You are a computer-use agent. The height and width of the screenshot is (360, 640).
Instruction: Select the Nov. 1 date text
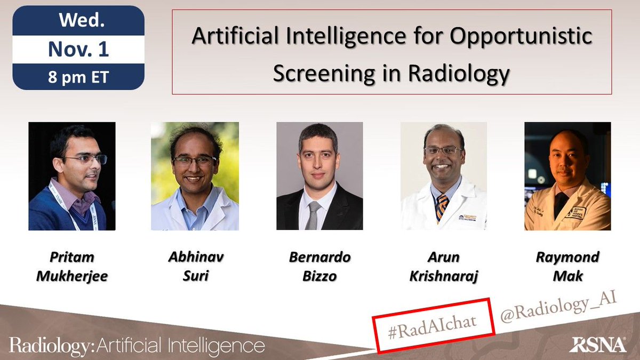pyautogui.click(x=78, y=50)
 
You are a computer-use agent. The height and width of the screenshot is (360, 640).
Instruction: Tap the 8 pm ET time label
pyautogui.click(x=78, y=76)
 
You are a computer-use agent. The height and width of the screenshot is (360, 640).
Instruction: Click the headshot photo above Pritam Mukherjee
pyautogui.click(x=72, y=176)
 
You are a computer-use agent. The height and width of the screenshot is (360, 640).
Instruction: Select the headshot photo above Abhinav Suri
pyautogui.click(x=195, y=176)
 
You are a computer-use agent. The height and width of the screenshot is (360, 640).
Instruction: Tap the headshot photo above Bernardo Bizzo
pyautogui.click(x=319, y=176)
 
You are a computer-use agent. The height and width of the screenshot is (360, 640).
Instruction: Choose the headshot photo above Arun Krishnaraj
pyautogui.click(x=444, y=176)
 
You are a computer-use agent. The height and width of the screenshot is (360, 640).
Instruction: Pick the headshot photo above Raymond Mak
pyautogui.click(x=567, y=176)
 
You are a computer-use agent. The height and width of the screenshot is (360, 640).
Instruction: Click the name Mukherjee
pyautogui.click(x=72, y=277)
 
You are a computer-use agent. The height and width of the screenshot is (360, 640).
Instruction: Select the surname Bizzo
pyautogui.click(x=319, y=277)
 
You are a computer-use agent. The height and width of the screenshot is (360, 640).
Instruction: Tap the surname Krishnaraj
pyautogui.click(x=444, y=277)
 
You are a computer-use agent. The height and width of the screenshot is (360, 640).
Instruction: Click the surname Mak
pyautogui.click(x=567, y=277)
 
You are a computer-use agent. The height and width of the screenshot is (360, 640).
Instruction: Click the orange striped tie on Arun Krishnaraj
pyautogui.click(x=442, y=207)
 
